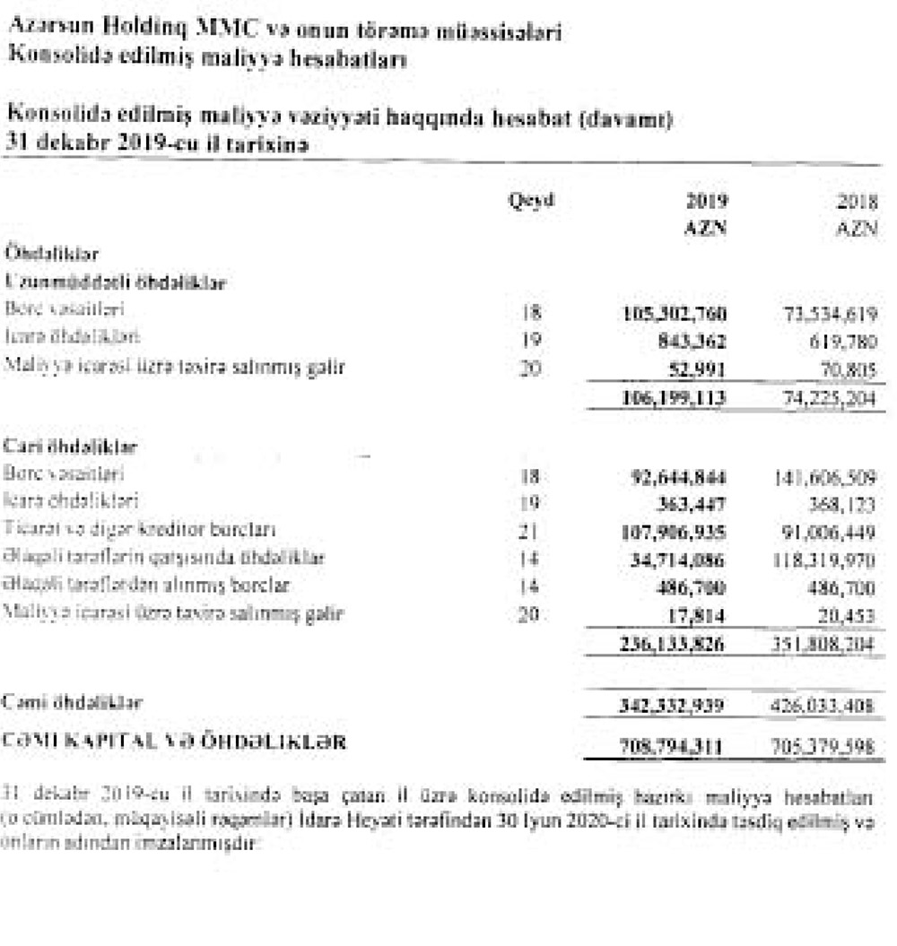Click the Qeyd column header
pyautogui.click(x=530, y=200)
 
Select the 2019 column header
pyautogui.click(x=707, y=200)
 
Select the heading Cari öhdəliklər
pyautogui.click(x=63, y=446)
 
